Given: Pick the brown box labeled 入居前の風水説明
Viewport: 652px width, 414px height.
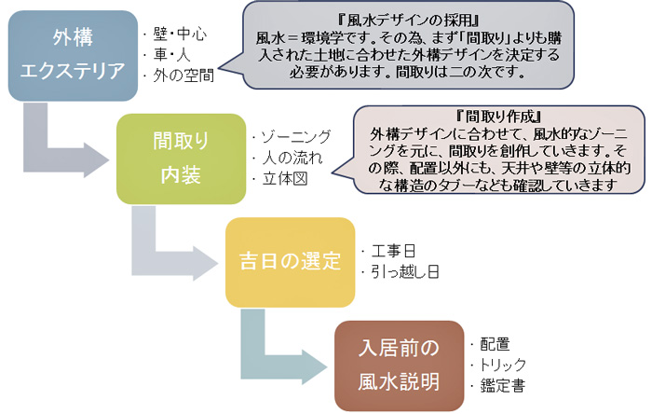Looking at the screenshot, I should pyautogui.click(x=399, y=365).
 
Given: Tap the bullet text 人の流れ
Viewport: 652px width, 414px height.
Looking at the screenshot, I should pyautogui.click(x=288, y=158).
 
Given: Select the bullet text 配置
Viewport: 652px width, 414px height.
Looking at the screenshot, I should pyautogui.click(x=494, y=343).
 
